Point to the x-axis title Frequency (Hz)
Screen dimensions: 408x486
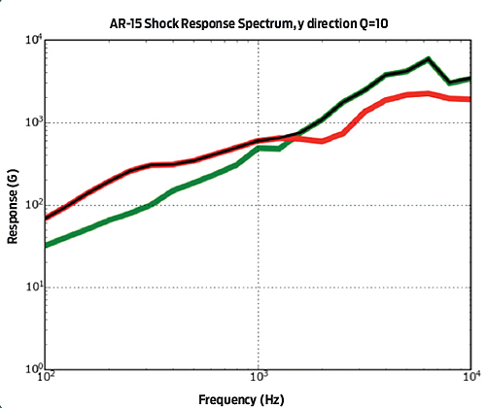(x=258, y=398)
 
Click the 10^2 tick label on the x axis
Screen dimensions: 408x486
(x=46, y=381)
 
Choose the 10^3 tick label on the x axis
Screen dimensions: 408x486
(x=259, y=381)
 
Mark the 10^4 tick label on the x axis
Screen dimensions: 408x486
(x=470, y=381)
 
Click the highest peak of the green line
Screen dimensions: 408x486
(x=428, y=59)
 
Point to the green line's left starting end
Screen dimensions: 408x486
(x=47, y=244)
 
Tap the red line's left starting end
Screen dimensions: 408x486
(x=47, y=217)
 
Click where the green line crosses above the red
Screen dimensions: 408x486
(x=295, y=136)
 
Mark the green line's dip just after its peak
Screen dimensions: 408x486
(x=449, y=83)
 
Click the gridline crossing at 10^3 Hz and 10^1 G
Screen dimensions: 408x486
(x=259, y=288)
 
